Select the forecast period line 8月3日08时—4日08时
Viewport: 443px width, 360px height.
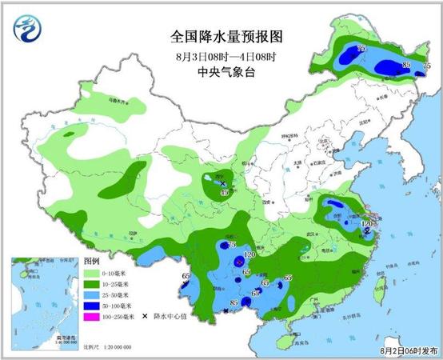click(227, 56)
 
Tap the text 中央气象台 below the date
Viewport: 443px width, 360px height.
click(227, 73)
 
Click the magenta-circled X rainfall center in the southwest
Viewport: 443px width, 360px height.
click(239, 262)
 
